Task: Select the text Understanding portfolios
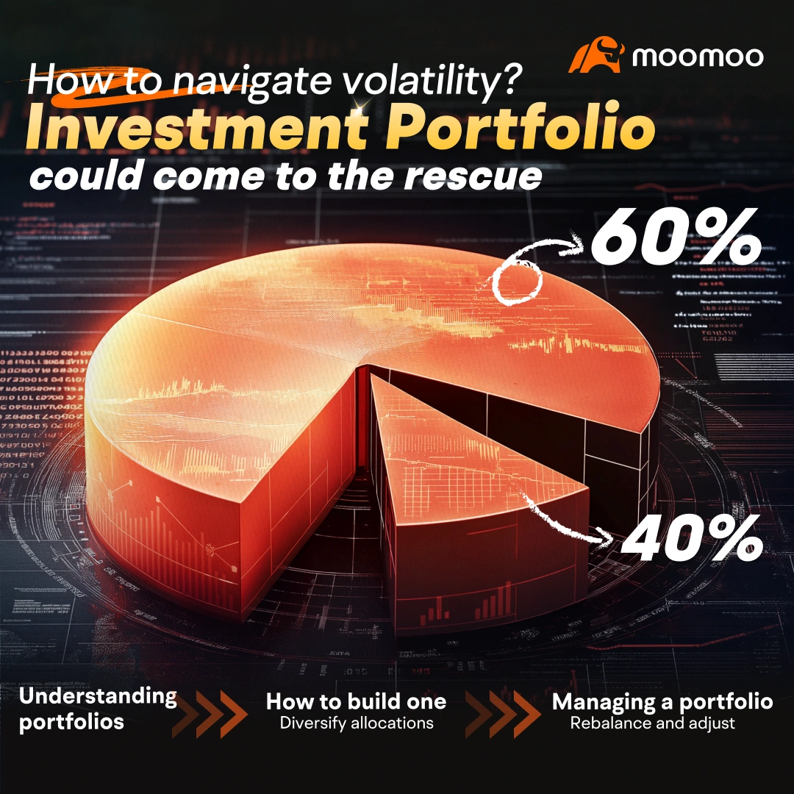(x=97, y=709)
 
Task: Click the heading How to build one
(x=356, y=701)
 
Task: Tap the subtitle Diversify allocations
(x=356, y=723)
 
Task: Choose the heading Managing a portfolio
(x=662, y=701)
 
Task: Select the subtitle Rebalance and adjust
(x=652, y=723)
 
